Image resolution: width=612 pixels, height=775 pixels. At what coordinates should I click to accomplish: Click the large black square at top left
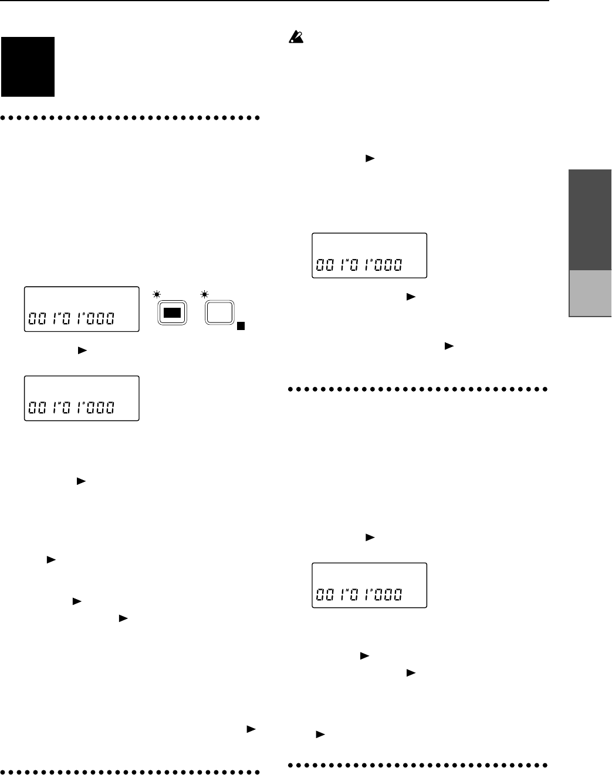(x=28, y=67)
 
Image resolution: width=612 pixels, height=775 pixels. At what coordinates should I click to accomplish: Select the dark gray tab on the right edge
(x=590, y=220)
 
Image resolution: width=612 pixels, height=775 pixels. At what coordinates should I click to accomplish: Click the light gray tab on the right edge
(x=590, y=294)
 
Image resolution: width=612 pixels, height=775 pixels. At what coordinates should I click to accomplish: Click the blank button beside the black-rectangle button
(x=219, y=312)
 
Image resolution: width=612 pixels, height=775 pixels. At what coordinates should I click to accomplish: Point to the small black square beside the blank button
(x=241, y=327)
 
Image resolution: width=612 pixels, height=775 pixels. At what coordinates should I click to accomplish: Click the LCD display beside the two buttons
(x=81, y=310)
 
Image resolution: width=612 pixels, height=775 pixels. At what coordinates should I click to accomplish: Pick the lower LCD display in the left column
(x=81, y=398)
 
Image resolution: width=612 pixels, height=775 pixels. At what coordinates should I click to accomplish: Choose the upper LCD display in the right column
(x=368, y=256)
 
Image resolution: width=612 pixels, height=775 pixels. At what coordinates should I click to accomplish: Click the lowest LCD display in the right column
(x=368, y=585)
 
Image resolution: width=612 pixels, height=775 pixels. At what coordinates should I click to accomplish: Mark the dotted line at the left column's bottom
(x=131, y=767)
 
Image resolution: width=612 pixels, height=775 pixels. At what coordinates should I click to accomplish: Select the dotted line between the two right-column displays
(x=418, y=389)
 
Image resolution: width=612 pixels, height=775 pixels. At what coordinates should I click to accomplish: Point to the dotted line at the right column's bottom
(x=418, y=764)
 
